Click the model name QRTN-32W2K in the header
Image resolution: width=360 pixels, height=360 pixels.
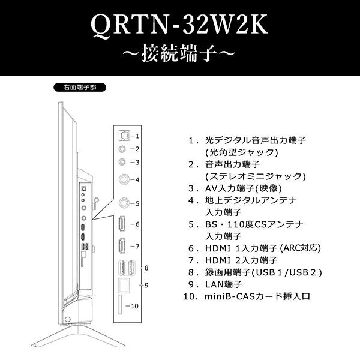(x=179, y=25)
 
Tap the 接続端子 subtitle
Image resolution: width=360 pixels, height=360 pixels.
(x=179, y=55)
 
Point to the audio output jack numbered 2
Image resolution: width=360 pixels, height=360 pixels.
(x=123, y=149)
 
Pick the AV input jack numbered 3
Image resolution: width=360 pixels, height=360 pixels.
(x=123, y=162)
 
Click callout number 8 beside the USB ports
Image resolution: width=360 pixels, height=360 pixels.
(x=146, y=268)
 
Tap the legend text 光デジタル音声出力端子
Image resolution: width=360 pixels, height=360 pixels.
(x=256, y=140)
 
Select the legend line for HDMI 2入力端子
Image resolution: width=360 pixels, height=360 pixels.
(x=241, y=260)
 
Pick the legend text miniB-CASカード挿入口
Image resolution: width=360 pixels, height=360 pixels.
(x=258, y=296)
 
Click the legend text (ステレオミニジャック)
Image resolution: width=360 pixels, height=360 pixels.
(x=256, y=176)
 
